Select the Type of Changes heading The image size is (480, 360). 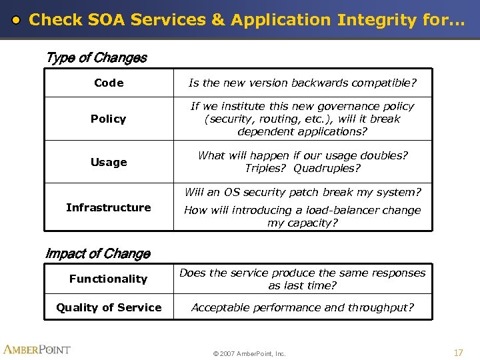pos(96,57)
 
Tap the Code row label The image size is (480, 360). pos(109,83)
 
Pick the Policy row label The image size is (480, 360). pos(109,119)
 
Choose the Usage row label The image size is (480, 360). pos(109,162)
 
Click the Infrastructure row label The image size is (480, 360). pos(109,207)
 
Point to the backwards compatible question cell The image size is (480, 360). pos(303,83)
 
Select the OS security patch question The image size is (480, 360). pos(303,192)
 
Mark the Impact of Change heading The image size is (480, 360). pos(97,254)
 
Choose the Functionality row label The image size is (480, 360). pos(108,279)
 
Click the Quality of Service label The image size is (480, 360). pos(109,307)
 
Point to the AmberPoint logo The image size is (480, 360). pos(37,349)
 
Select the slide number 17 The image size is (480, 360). pos(458,352)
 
